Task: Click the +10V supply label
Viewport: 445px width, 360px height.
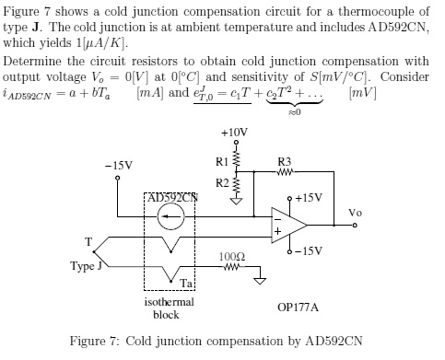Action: [x=235, y=133]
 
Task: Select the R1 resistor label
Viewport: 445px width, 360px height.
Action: [x=221, y=162]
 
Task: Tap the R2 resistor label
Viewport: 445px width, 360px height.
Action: [x=221, y=182]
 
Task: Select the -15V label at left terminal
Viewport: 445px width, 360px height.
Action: [x=118, y=166]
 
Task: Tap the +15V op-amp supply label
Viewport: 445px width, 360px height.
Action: [x=310, y=197]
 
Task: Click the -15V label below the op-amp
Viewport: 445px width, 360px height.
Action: [x=309, y=250]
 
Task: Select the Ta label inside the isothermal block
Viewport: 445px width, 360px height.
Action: [x=186, y=283]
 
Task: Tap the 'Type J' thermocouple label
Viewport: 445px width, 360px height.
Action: [x=88, y=266]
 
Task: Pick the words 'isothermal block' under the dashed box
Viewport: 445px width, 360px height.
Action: [x=167, y=308]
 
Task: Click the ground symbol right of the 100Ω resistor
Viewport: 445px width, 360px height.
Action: [x=261, y=280]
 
